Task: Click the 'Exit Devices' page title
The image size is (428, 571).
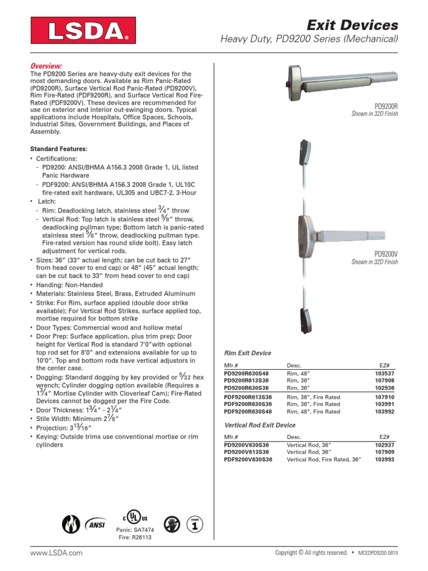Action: point(353,25)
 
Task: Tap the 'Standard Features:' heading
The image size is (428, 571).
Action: point(59,149)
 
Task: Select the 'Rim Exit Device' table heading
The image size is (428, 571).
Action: point(247,353)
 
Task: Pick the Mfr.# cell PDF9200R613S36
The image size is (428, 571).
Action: point(248,396)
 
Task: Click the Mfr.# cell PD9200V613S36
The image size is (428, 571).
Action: point(246,452)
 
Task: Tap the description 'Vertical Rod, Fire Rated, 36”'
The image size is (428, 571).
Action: point(324,459)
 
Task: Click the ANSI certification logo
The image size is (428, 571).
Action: point(95,524)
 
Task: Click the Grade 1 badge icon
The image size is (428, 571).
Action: point(194,524)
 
